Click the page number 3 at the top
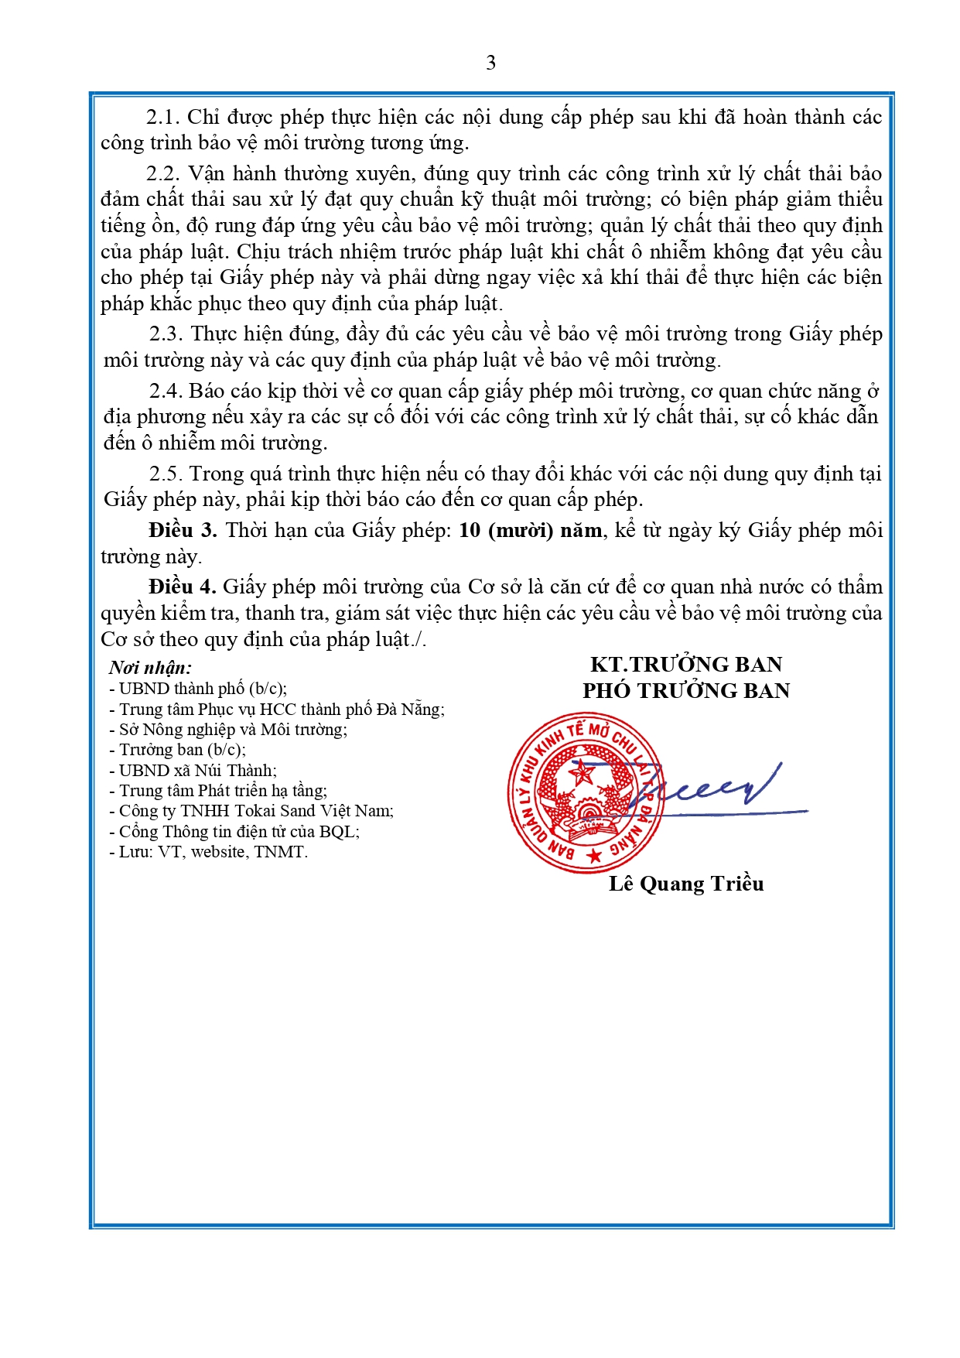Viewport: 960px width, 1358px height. coord(490,63)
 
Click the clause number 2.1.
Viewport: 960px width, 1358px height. coord(162,117)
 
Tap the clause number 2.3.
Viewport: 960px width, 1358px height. coord(166,334)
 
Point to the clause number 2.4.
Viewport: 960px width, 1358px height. coord(166,391)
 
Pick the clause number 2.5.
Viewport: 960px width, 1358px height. coord(166,474)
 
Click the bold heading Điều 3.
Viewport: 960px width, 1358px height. coord(183,530)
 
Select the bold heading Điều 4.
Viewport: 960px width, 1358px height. coord(183,587)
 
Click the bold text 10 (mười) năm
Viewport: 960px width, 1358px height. coord(530,530)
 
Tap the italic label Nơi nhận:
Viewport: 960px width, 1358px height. coord(150,667)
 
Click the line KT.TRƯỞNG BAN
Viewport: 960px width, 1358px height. coord(686,664)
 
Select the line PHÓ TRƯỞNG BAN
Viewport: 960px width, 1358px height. coord(686,690)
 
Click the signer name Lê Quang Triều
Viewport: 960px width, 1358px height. coord(686,884)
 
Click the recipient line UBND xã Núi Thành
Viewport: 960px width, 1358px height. coord(197,770)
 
